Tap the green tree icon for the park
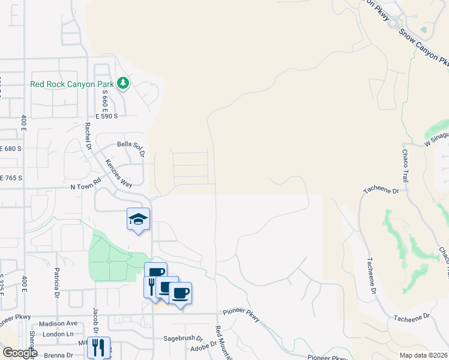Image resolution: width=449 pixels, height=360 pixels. tap(123, 83)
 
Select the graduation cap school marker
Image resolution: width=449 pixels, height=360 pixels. tap(138, 219)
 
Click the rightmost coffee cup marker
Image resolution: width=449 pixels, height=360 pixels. tap(180, 293)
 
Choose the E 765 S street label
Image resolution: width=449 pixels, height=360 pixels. tap(11, 178)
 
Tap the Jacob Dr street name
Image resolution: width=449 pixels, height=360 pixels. tap(94, 319)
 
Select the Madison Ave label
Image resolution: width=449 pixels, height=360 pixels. tap(58, 323)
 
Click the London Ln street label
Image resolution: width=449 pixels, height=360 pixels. tap(61, 334)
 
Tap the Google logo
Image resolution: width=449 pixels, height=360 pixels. tap(20, 353)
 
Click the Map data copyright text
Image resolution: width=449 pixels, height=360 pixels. tap(423, 355)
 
